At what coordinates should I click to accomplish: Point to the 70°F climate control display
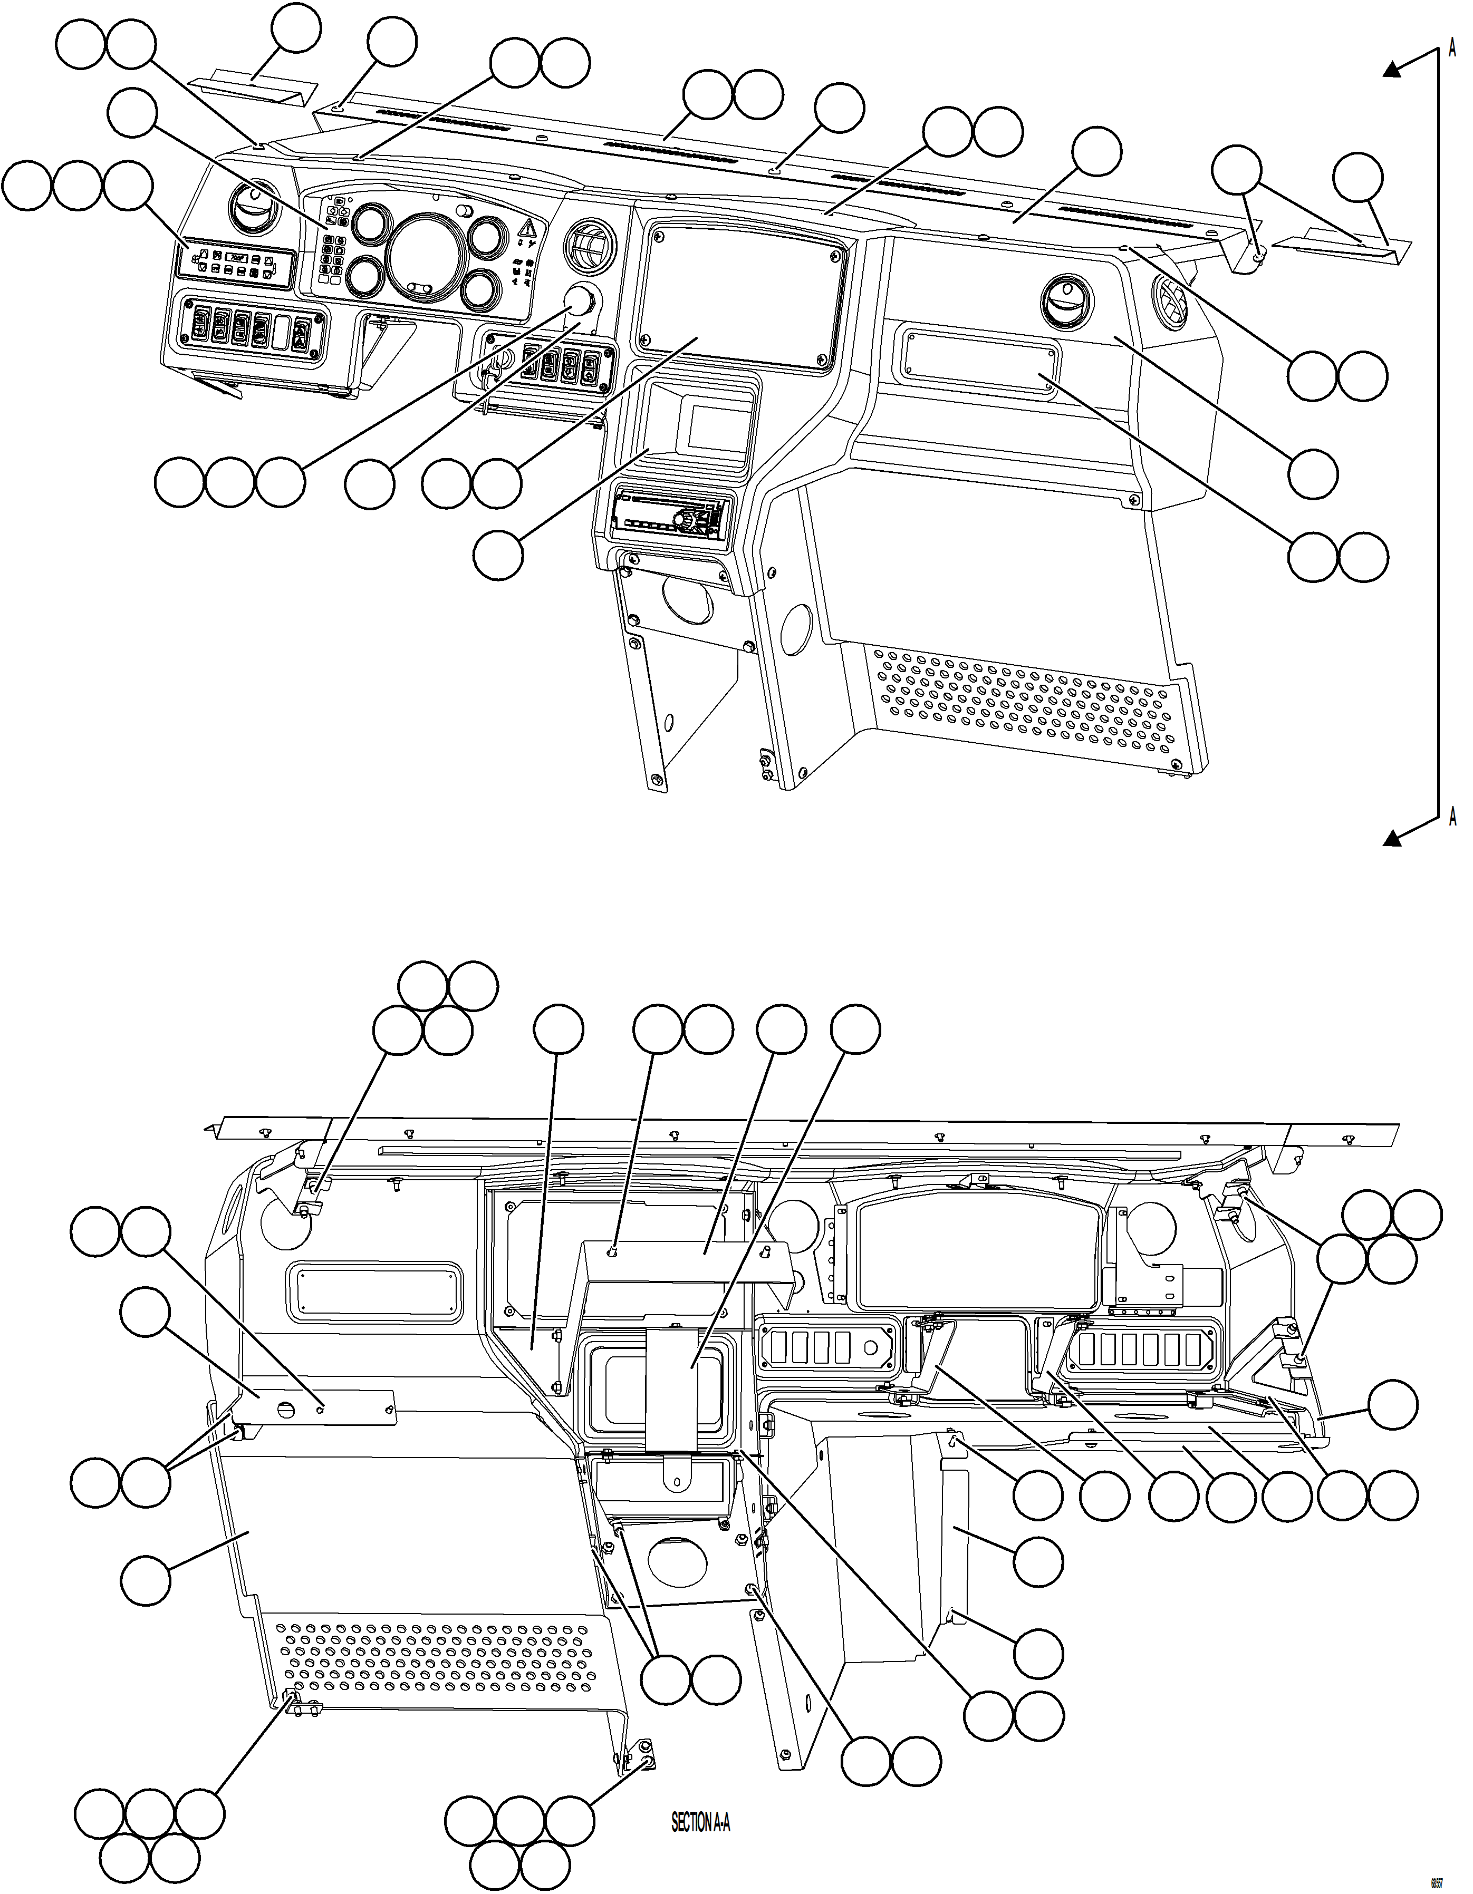point(236,258)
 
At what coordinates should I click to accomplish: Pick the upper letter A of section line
point(1453,50)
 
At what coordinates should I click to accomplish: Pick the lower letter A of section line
point(1453,816)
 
